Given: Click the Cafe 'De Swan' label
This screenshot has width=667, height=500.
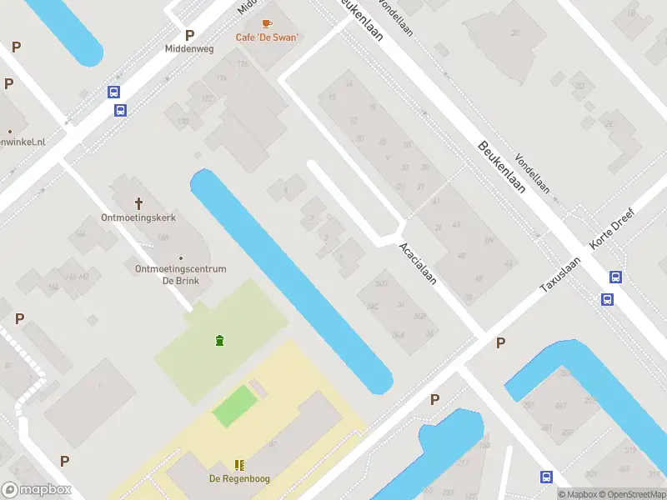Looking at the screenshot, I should pyautogui.click(x=267, y=37).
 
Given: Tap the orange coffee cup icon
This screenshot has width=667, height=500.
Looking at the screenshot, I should pyautogui.click(x=267, y=23).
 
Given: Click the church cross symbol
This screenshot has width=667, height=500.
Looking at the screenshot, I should pyautogui.click(x=139, y=202).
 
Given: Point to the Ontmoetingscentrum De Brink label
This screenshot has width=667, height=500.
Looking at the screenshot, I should pyautogui.click(x=181, y=274).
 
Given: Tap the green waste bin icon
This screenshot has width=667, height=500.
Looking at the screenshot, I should pyautogui.click(x=219, y=339).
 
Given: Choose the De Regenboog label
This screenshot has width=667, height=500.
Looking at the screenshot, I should pyautogui.click(x=238, y=478).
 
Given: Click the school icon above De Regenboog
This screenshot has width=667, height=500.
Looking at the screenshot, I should pyautogui.click(x=239, y=465).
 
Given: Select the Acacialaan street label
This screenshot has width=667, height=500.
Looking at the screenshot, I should pyautogui.click(x=418, y=263).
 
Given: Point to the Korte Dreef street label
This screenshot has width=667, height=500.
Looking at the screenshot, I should pyautogui.click(x=613, y=227).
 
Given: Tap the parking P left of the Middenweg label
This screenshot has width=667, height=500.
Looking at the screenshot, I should pyautogui.click(x=189, y=35).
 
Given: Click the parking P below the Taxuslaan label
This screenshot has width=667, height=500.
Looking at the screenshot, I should pyautogui.click(x=500, y=342).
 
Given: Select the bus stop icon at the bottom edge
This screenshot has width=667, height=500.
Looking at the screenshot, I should pyautogui.click(x=546, y=477).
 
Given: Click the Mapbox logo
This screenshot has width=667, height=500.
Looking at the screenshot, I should pyautogui.click(x=36, y=490).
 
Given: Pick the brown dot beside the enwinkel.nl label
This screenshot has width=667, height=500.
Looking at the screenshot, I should pyautogui.click(x=10, y=131).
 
